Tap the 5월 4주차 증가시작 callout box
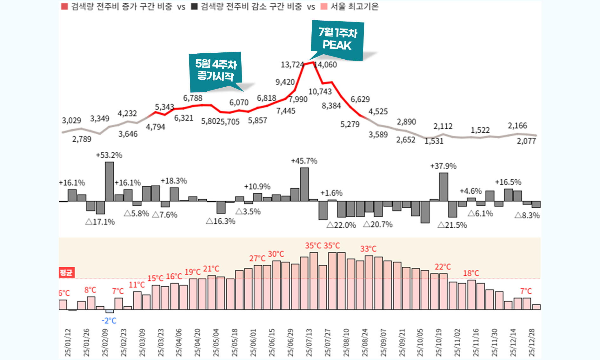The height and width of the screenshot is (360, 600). (216, 70)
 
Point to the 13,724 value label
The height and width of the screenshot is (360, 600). (292, 65)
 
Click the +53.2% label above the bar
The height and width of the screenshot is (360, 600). (109, 155)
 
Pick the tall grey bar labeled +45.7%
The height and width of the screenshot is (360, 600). (304, 184)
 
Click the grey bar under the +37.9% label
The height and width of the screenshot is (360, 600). (443, 187)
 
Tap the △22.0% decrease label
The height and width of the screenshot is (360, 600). (341, 225)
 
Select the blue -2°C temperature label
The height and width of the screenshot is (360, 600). (109, 321)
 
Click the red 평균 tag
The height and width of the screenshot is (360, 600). (66, 272)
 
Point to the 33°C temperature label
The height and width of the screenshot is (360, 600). (368, 249)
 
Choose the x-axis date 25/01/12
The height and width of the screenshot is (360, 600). (68, 343)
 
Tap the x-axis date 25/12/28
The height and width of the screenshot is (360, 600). (532, 343)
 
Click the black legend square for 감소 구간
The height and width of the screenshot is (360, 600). (194, 7)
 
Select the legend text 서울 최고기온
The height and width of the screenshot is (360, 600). (355, 7)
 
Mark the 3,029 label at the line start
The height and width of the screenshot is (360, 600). (71, 121)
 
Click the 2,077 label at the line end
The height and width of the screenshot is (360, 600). (526, 141)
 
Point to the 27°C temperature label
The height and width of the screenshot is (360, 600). (257, 258)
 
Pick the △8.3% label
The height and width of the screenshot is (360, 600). (527, 216)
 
